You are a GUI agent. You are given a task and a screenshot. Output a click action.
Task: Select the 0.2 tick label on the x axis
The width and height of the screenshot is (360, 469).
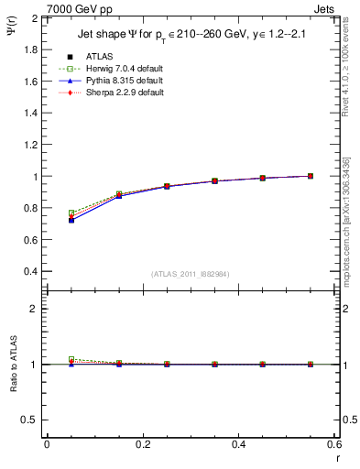(x=142, y=444)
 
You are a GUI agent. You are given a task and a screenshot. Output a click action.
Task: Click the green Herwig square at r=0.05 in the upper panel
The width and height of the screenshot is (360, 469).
(x=71, y=213)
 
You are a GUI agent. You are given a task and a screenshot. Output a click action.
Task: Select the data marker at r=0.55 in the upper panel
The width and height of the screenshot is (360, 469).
(x=310, y=176)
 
